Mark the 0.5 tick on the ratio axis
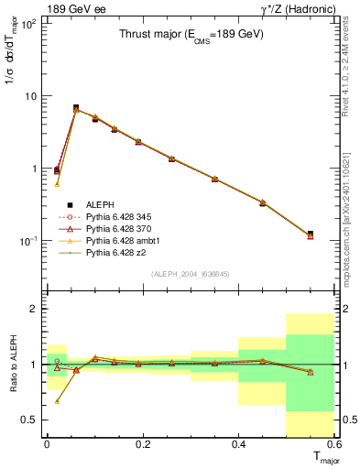click(x=32, y=420)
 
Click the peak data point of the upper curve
click(x=76, y=108)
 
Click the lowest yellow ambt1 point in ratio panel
click(x=57, y=400)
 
